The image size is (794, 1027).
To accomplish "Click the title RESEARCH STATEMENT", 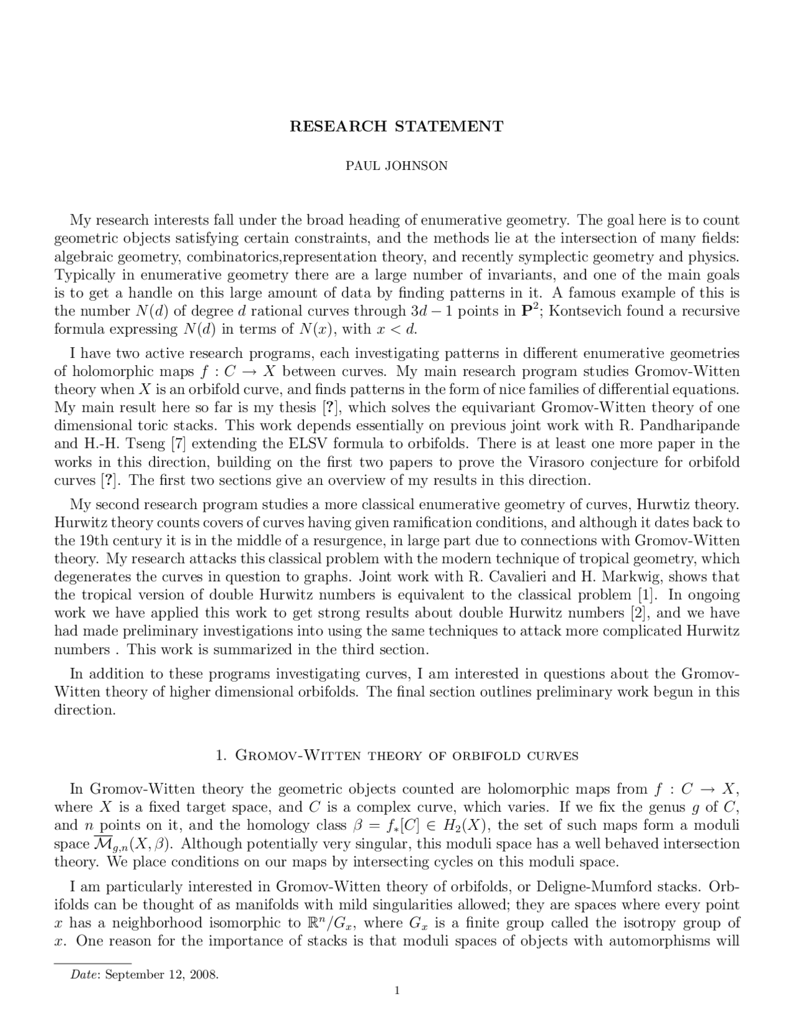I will (396, 127).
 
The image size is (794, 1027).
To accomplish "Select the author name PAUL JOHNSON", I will (396, 166).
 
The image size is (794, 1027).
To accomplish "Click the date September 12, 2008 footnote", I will (161, 975).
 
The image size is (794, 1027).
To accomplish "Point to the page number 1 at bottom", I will (396, 990).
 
